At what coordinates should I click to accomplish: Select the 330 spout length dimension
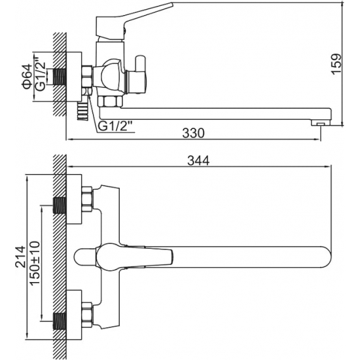[x=194, y=132]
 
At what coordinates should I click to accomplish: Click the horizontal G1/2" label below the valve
[x=117, y=126]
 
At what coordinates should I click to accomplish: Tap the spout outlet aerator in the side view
[x=319, y=122]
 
